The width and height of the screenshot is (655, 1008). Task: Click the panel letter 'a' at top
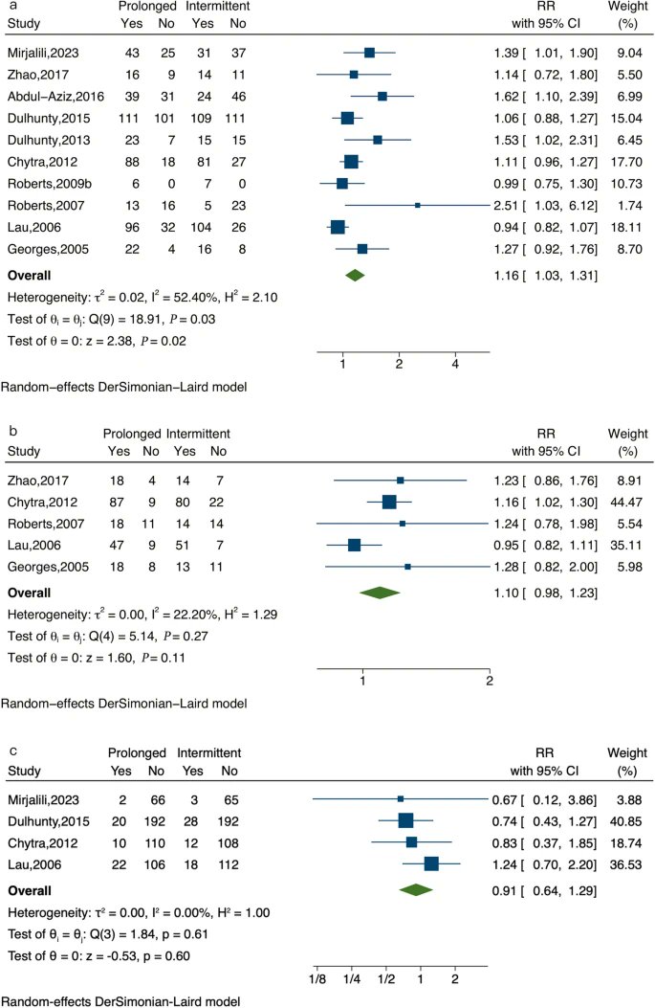(11, 7)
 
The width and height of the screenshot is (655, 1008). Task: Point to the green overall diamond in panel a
(355, 276)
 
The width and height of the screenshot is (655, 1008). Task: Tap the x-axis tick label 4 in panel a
(455, 366)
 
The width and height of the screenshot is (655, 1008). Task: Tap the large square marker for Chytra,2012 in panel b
(388, 501)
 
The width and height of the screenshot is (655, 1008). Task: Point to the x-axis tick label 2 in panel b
(490, 680)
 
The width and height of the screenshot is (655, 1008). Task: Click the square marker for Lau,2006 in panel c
(431, 863)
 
